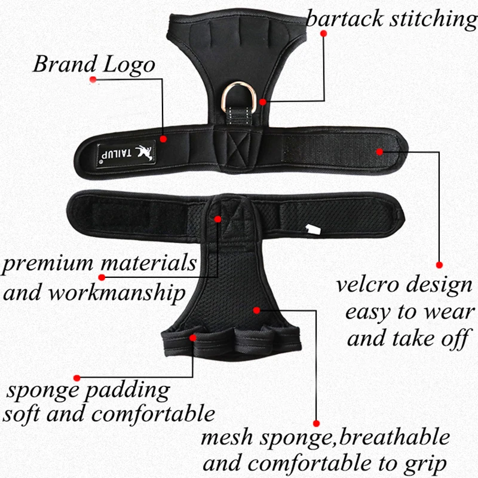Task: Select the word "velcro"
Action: pos(368,284)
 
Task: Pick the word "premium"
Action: pos(48,263)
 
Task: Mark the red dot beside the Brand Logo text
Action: pos(93,79)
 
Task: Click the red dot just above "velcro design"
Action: pos(439,264)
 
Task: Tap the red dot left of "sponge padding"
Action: pos(76,378)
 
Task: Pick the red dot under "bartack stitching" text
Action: pos(323,34)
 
